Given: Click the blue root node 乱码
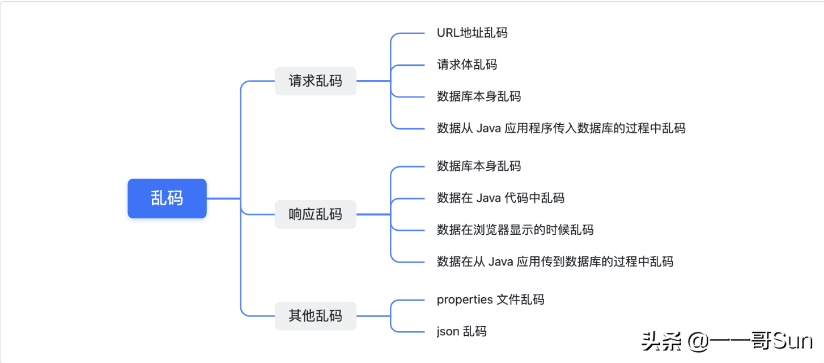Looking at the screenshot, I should tap(167, 199).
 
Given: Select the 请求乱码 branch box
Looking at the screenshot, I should tap(316, 81).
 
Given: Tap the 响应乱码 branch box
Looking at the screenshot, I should tap(316, 214).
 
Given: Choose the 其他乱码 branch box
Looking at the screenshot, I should tap(316, 316).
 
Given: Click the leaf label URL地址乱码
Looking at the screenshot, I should tap(472, 32).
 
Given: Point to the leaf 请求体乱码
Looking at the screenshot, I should tap(467, 65).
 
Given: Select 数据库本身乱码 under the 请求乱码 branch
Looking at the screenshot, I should tap(479, 96).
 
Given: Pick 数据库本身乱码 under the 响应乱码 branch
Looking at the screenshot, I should tap(479, 166).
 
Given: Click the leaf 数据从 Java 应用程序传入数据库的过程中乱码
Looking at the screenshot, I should tap(561, 128).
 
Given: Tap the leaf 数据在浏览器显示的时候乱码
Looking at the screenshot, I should tap(515, 230).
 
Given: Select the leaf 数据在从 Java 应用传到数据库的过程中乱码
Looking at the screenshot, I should tap(555, 261).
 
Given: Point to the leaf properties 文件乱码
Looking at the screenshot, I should tap(490, 299).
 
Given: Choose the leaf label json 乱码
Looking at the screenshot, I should tap(461, 331).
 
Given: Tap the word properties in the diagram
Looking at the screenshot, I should tap(465, 299).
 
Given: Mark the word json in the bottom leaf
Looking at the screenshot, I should tap(448, 331).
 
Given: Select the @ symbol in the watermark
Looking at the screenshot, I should tap(698, 342).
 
